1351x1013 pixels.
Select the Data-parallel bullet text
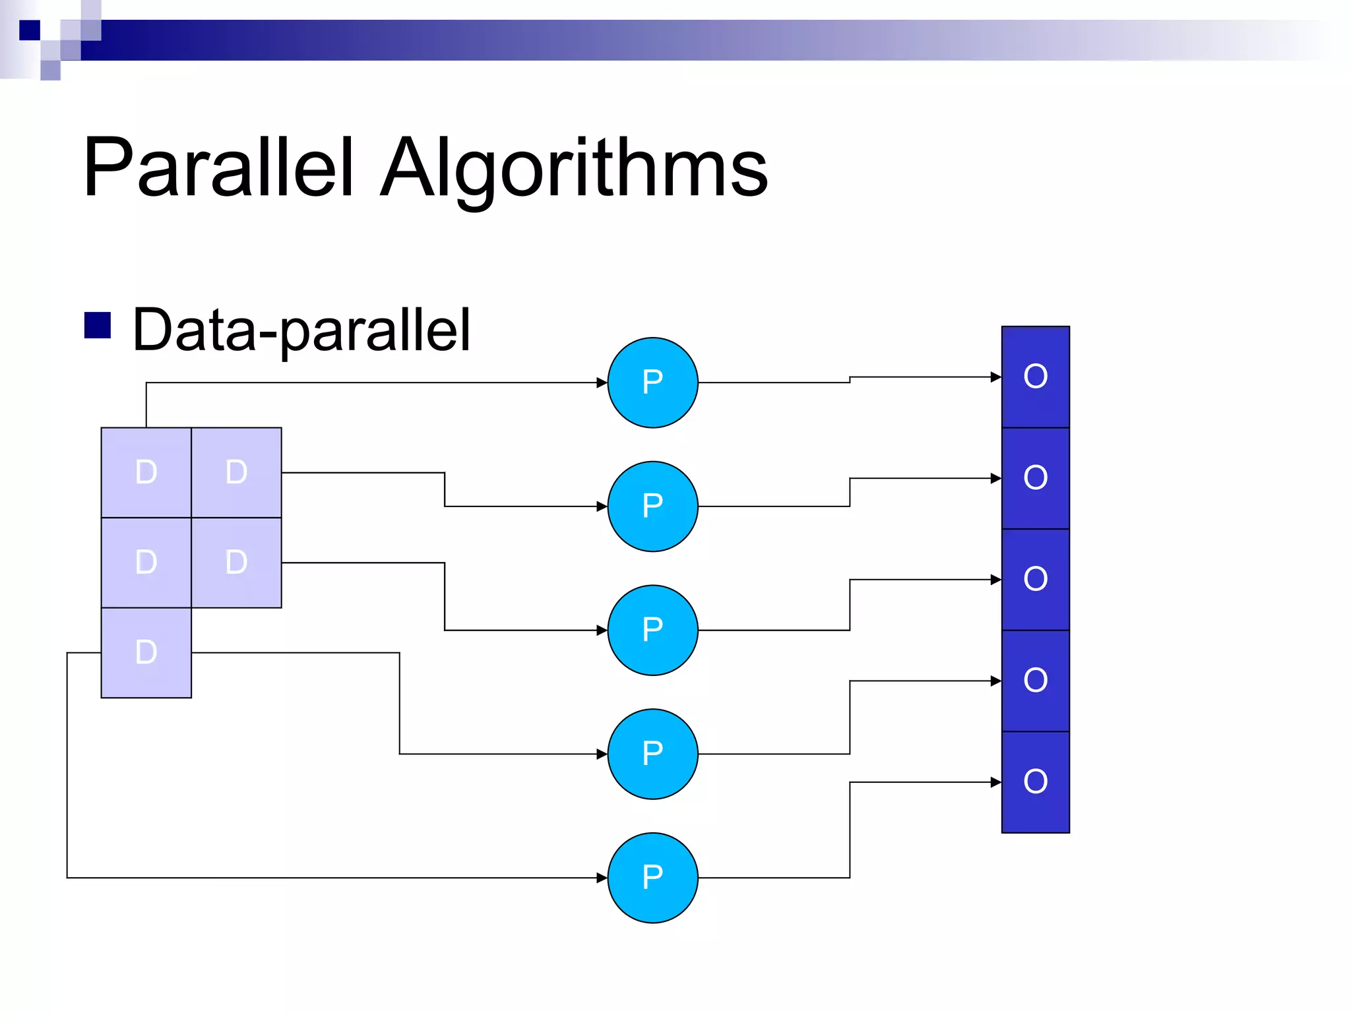point(301,330)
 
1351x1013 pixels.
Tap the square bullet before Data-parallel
point(98,325)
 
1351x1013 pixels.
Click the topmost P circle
point(652,383)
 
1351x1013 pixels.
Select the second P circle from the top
point(652,506)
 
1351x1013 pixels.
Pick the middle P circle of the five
point(652,630)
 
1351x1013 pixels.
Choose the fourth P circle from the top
point(652,754)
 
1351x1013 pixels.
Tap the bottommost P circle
point(652,878)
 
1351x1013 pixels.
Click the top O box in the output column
point(1035,377)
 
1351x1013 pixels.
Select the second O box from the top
point(1035,478)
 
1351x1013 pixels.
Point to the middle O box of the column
point(1035,580)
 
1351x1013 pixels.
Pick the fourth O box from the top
point(1035,681)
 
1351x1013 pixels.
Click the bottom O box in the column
point(1035,782)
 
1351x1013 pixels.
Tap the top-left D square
point(146,472)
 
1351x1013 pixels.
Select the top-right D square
point(236,472)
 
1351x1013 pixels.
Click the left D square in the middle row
point(146,563)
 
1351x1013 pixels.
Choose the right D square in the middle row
point(236,563)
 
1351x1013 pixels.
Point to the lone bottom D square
point(146,652)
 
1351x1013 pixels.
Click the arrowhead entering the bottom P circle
point(602,878)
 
